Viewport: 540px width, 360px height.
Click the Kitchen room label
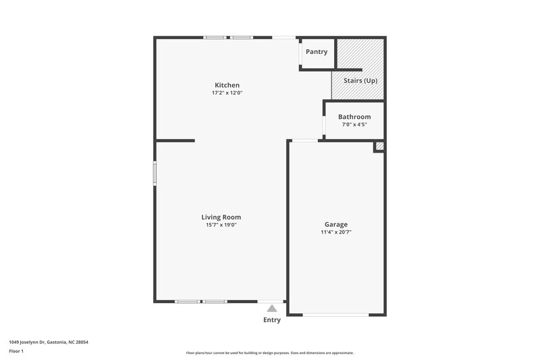(227, 85)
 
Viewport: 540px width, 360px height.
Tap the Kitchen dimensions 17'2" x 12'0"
(227, 93)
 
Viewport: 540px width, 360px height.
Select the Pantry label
(317, 52)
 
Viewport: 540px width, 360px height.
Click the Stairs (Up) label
(360, 81)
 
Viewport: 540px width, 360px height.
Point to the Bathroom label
(354, 117)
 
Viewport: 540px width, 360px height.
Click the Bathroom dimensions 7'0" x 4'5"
(354, 125)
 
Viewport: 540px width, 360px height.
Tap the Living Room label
(221, 217)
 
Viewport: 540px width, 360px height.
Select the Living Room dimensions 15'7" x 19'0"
(221, 225)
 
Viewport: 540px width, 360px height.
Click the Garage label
(336, 224)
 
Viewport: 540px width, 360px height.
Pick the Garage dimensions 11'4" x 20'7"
(336, 232)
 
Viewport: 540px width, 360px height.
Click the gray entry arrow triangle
(272, 308)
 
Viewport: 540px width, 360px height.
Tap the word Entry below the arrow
(272, 320)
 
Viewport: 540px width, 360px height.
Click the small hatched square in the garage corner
(379, 146)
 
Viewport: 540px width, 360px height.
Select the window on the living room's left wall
(155, 173)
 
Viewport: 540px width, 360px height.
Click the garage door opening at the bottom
(335, 315)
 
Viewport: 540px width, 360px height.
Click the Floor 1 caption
(17, 352)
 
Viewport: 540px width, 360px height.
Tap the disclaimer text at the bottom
(270, 353)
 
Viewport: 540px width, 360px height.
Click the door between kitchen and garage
(305, 140)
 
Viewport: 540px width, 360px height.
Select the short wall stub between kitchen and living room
(175, 140)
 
